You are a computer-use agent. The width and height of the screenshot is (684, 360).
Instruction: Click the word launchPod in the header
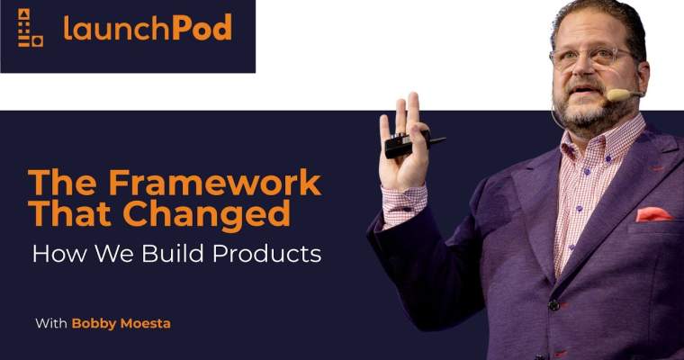pyautogui.click(x=148, y=28)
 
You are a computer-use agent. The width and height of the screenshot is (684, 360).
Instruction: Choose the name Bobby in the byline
pyautogui.click(x=94, y=323)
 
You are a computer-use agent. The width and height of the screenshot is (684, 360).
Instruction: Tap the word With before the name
pyautogui.click(x=50, y=323)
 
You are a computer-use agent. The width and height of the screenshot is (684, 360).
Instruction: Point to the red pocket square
pyautogui.click(x=653, y=214)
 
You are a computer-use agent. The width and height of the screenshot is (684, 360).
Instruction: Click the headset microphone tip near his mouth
pyautogui.click(x=616, y=94)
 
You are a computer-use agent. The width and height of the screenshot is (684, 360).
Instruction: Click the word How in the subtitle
pyautogui.click(x=51, y=254)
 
